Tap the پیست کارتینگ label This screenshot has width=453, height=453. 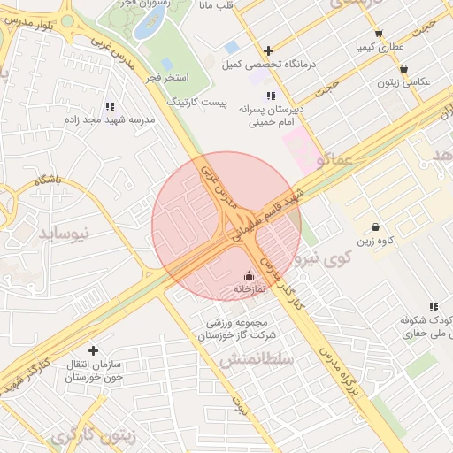click(197, 102)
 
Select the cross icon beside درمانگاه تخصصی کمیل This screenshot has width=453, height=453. click(268, 50)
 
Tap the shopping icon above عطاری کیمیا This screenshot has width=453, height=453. click(379, 33)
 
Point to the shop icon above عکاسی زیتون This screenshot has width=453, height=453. click(404, 68)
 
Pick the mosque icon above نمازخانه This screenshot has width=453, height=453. click(248, 274)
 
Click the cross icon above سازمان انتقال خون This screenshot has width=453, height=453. click(92, 349)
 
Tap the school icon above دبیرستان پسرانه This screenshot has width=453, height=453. click(270, 96)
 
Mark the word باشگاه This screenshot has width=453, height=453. click(50, 180)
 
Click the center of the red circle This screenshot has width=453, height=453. click(226, 226)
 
